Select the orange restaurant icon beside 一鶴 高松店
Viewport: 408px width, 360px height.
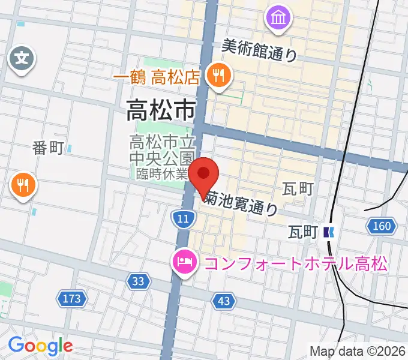(217, 76)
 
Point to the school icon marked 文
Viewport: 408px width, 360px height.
(22, 59)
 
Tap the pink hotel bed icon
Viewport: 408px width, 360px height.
(183, 262)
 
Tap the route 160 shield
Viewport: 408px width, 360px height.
(381, 226)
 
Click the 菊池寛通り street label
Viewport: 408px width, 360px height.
(241, 202)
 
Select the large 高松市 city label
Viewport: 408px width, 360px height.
(161, 110)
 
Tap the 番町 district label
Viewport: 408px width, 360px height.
(47, 148)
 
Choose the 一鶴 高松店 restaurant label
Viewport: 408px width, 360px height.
(155, 77)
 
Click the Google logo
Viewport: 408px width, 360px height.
(40, 346)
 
